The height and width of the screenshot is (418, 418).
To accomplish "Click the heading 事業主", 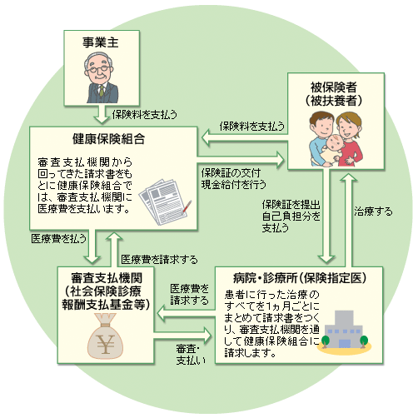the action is [101, 42].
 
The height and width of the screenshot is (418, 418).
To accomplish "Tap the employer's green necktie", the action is [102, 91].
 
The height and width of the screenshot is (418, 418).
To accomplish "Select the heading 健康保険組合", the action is [108, 139].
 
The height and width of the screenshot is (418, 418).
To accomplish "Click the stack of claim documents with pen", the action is [166, 202].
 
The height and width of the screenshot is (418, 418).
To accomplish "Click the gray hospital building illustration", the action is [344, 330].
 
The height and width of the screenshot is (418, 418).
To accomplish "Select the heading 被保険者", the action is [333, 87].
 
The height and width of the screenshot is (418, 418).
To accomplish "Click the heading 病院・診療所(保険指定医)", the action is [300, 278].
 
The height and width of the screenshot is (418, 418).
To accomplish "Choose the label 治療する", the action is [373, 211].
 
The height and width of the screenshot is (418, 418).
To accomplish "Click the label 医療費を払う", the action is [58, 239].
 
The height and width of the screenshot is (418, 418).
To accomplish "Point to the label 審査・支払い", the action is [191, 354].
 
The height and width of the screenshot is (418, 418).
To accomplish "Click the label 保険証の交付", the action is [231, 173].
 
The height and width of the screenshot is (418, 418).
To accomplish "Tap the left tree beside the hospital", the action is [325, 341].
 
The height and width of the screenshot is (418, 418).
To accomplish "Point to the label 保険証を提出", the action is [291, 205].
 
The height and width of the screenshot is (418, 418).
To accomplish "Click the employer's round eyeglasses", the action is [97, 69].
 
